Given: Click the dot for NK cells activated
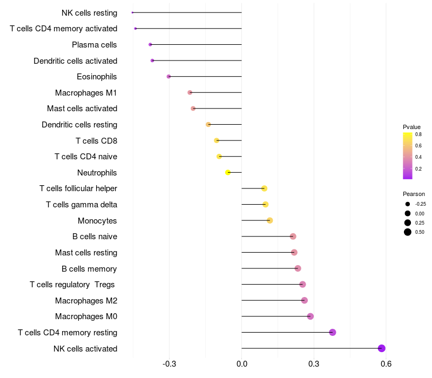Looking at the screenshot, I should pyautogui.click(x=382, y=348).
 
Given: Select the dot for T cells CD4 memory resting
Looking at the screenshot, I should pyautogui.click(x=333, y=332).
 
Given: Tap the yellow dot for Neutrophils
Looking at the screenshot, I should pyautogui.click(x=228, y=172).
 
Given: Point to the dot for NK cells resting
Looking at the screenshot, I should pyautogui.click(x=132, y=12).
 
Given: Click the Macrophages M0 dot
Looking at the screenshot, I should pyautogui.click(x=310, y=316).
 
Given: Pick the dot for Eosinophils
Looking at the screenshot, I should pyautogui.click(x=169, y=77).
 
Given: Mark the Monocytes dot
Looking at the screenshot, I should pyautogui.click(x=270, y=220).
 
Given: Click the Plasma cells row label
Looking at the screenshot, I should pyautogui.click(x=94, y=45).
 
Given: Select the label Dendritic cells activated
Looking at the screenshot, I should pyautogui.click(x=75, y=61).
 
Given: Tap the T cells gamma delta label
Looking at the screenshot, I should pyautogui.click(x=82, y=205).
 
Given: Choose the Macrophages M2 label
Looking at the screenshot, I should pyautogui.click(x=86, y=300).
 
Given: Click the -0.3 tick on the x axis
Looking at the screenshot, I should pyautogui.click(x=169, y=364).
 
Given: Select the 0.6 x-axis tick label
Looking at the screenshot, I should pyautogui.click(x=386, y=364).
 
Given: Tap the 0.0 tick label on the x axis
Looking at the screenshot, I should pyautogui.click(x=241, y=364).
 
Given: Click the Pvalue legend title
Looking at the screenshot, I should pyautogui.click(x=411, y=127).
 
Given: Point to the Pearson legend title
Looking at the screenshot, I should pyautogui.click(x=414, y=194).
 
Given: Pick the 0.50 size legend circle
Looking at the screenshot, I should pyautogui.click(x=407, y=232).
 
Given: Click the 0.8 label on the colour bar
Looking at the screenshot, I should pyautogui.click(x=418, y=134).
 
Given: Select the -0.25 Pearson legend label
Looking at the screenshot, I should pyautogui.click(x=421, y=204).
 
